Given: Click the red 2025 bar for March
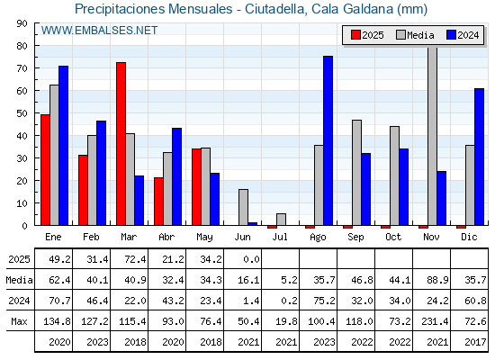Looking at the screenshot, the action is click(x=121, y=144).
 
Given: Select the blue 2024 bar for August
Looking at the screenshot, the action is click(x=328, y=140).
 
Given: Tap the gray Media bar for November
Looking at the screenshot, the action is click(x=433, y=136).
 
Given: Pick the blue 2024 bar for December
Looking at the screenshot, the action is click(x=479, y=157).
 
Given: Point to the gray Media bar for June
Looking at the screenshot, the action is click(x=243, y=207).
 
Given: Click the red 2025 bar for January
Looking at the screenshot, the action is click(x=45, y=170).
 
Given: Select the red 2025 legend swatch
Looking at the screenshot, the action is click(x=355, y=35).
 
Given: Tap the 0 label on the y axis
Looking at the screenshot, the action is click(x=25, y=226).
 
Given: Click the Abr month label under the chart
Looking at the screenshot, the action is click(x=166, y=238).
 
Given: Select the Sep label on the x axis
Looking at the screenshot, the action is click(x=355, y=238).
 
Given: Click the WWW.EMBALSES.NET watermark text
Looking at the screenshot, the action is click(x=99, y=31).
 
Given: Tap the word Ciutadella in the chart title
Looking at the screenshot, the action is click(x=274, y=9).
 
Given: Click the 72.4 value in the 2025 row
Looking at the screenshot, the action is click(x=135, y=259).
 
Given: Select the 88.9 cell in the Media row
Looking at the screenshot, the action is click(x=437, y=280).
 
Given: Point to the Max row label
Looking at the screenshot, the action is click(x=19, y=321).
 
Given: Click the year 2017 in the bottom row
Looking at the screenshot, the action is click(x=475, y=342).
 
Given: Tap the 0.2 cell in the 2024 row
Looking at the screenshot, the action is click(x=289, y=301).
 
